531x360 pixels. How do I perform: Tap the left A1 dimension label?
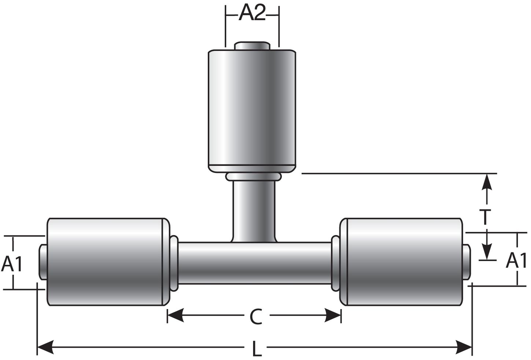coord(12,264)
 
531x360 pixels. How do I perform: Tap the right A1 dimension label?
coord(517,260)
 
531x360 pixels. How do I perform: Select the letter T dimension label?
coord(485,217)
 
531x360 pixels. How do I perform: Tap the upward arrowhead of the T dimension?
coord(487,182)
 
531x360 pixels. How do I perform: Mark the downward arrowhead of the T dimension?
coord(487,252)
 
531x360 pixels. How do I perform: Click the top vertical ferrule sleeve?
coord(252,110)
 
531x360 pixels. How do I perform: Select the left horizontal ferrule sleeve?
coord(106,261)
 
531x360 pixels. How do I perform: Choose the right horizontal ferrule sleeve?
coord(401,261)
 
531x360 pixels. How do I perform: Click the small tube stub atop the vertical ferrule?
coord(252,46)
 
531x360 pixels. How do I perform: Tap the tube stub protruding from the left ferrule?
coord(42,262)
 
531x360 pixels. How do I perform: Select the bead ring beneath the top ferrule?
coord(254,177)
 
